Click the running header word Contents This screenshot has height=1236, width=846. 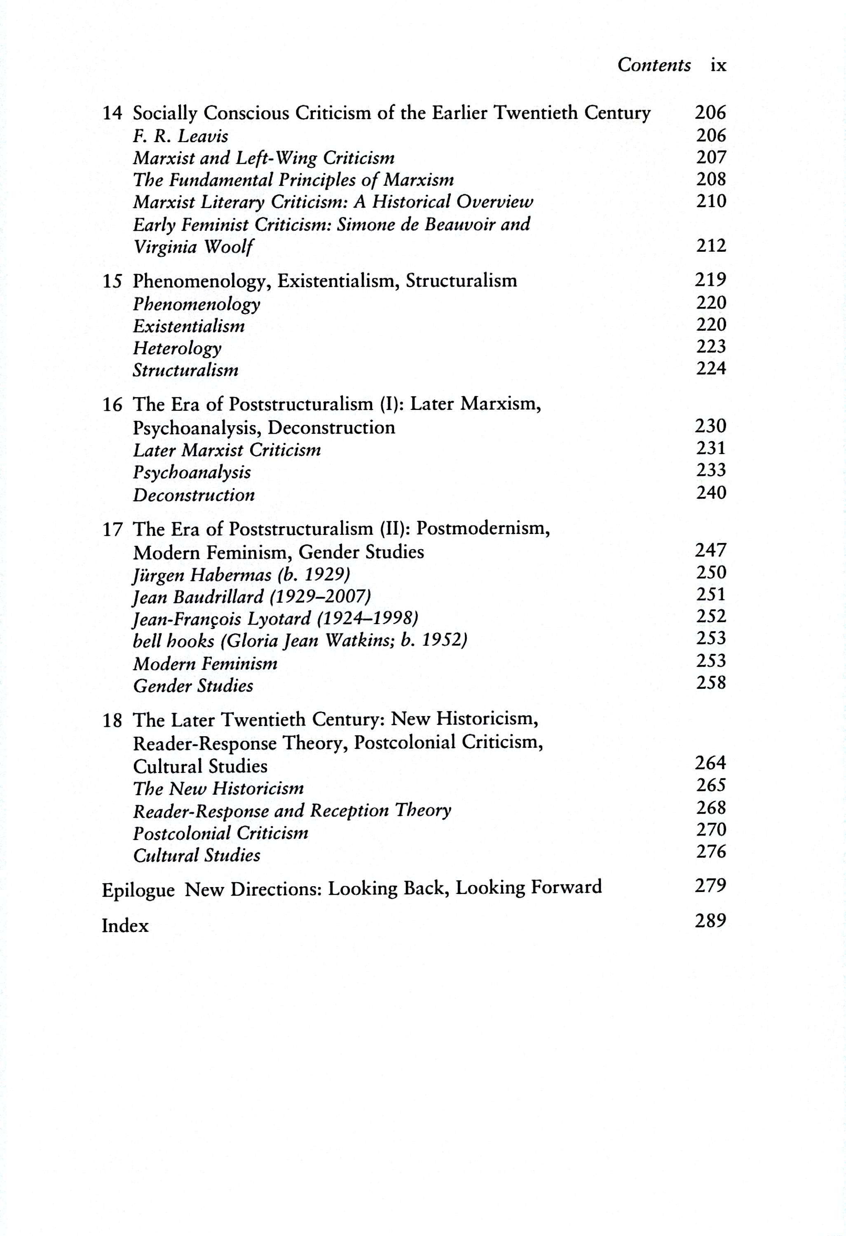654,65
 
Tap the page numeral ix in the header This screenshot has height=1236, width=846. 718,65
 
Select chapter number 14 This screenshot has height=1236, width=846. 112,113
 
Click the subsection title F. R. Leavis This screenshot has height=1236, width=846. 180,136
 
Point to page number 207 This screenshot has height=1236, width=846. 711,157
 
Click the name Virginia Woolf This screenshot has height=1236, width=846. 192,247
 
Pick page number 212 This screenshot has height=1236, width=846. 711,246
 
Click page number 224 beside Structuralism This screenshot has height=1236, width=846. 711,368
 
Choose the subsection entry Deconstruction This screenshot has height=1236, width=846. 194,495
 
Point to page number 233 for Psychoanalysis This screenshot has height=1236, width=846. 711,470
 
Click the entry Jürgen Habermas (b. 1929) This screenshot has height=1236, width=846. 241,575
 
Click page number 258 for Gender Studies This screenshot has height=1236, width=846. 711,682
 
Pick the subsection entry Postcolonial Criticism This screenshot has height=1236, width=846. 220,833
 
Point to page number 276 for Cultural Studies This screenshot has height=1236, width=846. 711,852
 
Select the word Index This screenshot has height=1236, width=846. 125,926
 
